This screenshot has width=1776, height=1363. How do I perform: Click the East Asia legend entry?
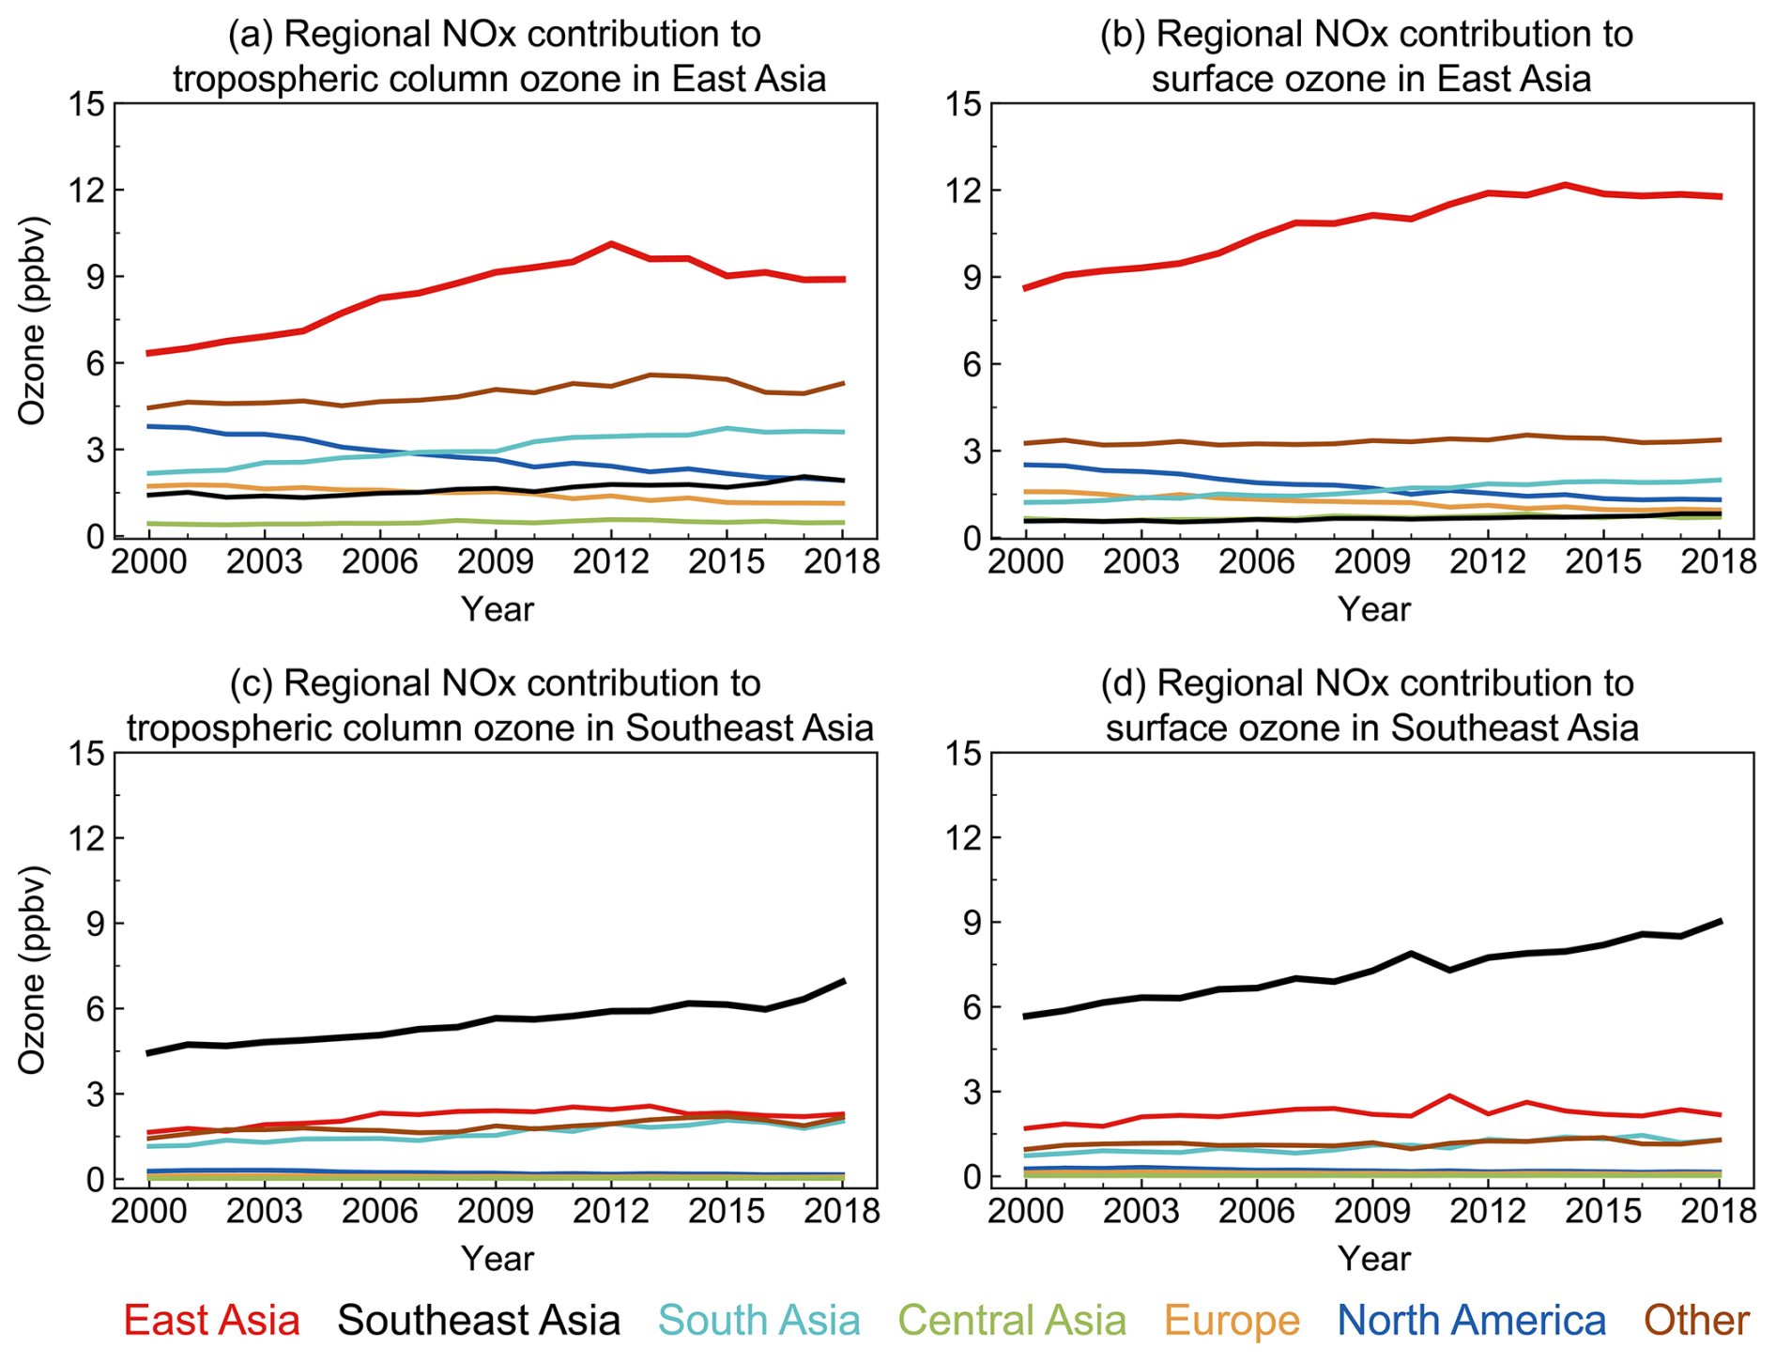(x=211, y=1320)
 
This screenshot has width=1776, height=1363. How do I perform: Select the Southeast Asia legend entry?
(x=479, y=1320)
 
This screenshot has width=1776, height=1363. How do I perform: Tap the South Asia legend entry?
(x=758, y=1320)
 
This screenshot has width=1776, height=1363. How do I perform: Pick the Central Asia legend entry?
(x=1012, y=1320)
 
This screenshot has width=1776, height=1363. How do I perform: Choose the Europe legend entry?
(x=1232, y=1320)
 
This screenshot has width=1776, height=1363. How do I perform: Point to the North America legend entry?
(x=1471, y=1320)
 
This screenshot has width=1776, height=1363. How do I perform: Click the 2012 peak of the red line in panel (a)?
(x=611, y=244)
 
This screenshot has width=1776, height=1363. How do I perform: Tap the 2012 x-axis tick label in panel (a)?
(x=611, y=562)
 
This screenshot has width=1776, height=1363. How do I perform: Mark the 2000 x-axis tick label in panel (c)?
(x=148, y=1211)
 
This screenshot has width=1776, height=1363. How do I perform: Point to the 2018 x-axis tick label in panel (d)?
(x=1719, y=1211)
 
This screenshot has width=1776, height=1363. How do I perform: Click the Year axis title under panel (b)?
(x=1373, y=609)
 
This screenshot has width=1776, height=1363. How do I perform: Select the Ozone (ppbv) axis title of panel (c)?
(x=34, y=969)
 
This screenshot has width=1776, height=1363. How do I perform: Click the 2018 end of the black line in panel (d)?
(x=1719, y=922)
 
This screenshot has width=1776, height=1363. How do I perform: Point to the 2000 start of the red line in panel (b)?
(x=1026, y=287)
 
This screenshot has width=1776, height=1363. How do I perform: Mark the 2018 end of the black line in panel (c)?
(x=843, y=982)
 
